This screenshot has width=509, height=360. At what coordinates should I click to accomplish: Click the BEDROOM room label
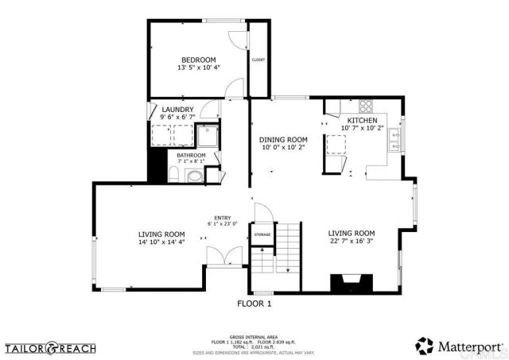coord(198,60)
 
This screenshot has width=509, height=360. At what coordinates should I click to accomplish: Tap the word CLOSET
coord(258,60)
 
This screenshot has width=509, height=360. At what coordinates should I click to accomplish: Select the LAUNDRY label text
coord(177,110)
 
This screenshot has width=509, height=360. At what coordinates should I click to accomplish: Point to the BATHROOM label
coord(191,155)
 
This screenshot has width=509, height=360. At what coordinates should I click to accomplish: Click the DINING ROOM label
coord(283,139)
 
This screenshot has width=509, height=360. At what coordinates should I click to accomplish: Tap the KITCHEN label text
coord(362,120)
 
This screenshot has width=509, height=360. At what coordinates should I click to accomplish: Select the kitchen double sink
coord(395,141)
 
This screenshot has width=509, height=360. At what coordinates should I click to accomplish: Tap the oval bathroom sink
coord(195,176)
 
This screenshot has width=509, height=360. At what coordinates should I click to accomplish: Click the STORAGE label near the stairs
coord(262,234)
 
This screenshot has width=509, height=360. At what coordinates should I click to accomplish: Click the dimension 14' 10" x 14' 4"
coord(161,242)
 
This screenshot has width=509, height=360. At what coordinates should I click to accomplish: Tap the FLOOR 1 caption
coord(254,304)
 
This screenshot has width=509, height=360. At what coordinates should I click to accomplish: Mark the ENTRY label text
coord(222,218)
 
